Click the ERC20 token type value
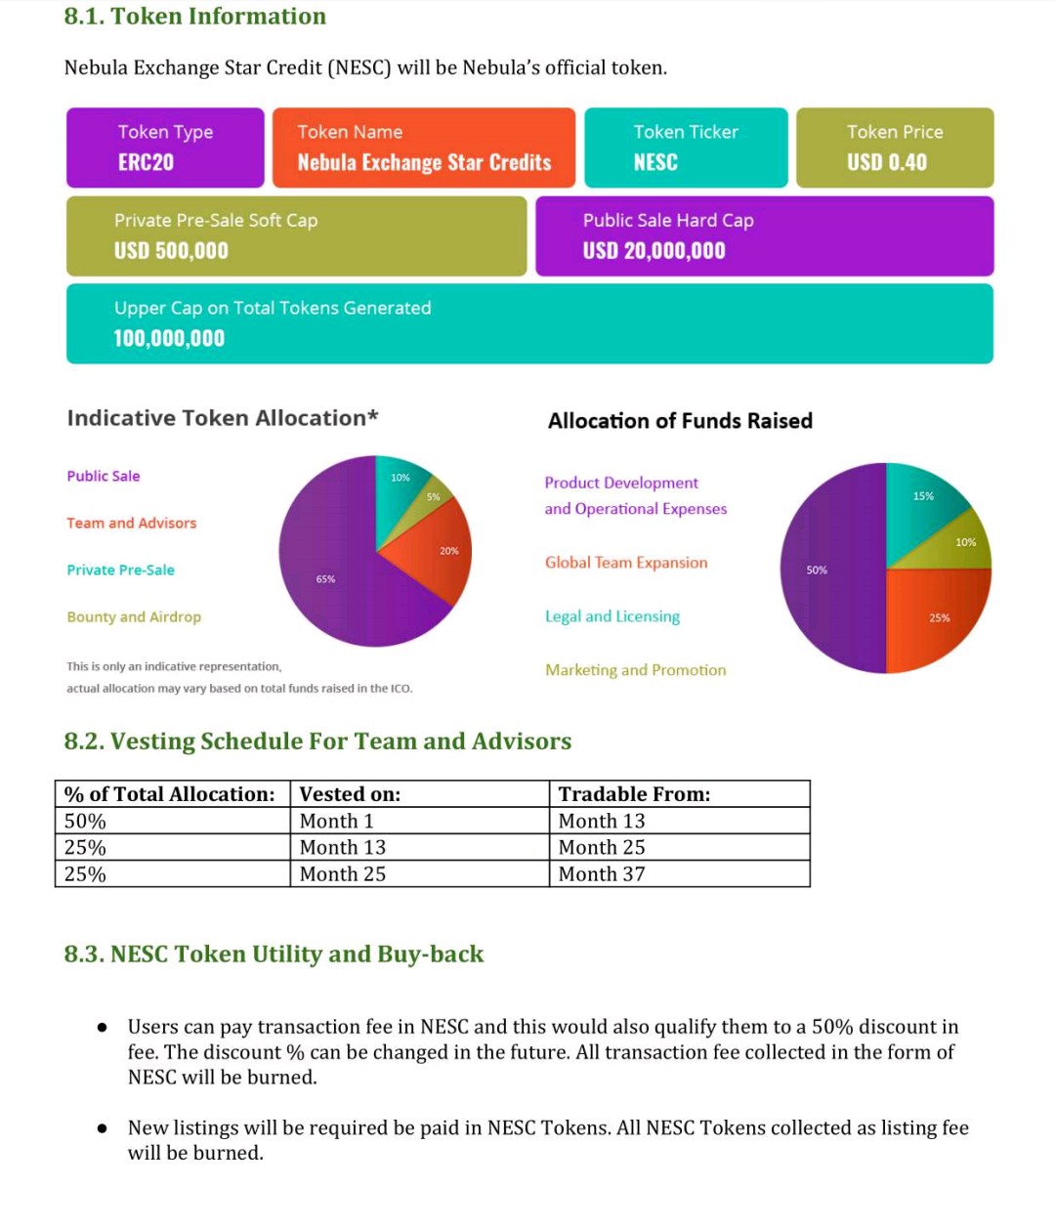pyautogui.click(x=146, y=162)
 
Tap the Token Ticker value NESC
pyautogui.click(x=655, y=162)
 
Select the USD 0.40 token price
pyautogui.click(x=886, y=162)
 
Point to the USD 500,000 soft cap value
pyautogui.click(x=171, y=250)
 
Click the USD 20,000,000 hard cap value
pyautogui.click(x=654, y=250)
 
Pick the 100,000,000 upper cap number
pyautogui.click(x=169, y=338)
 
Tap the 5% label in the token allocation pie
pyautogui.click(x=433, y=496)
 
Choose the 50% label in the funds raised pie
pyautogui.click(x=817, y=570)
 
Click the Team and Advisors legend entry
pyautogui.click(x=132, y=523)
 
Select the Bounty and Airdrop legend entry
pyautogui.click(x=134, y=616)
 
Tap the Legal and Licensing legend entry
pyautogui.click(x=612, y=616)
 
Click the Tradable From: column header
pyautogui.click(x=634, y=794)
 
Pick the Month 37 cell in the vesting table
pyautogui.click(x=602, y=874)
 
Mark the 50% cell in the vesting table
pyautogui.click(x=85, y=822)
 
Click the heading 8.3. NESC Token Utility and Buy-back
pyautogui.click(x=274, y=954)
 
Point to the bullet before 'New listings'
pyautogui.click(x=102, y=1128)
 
